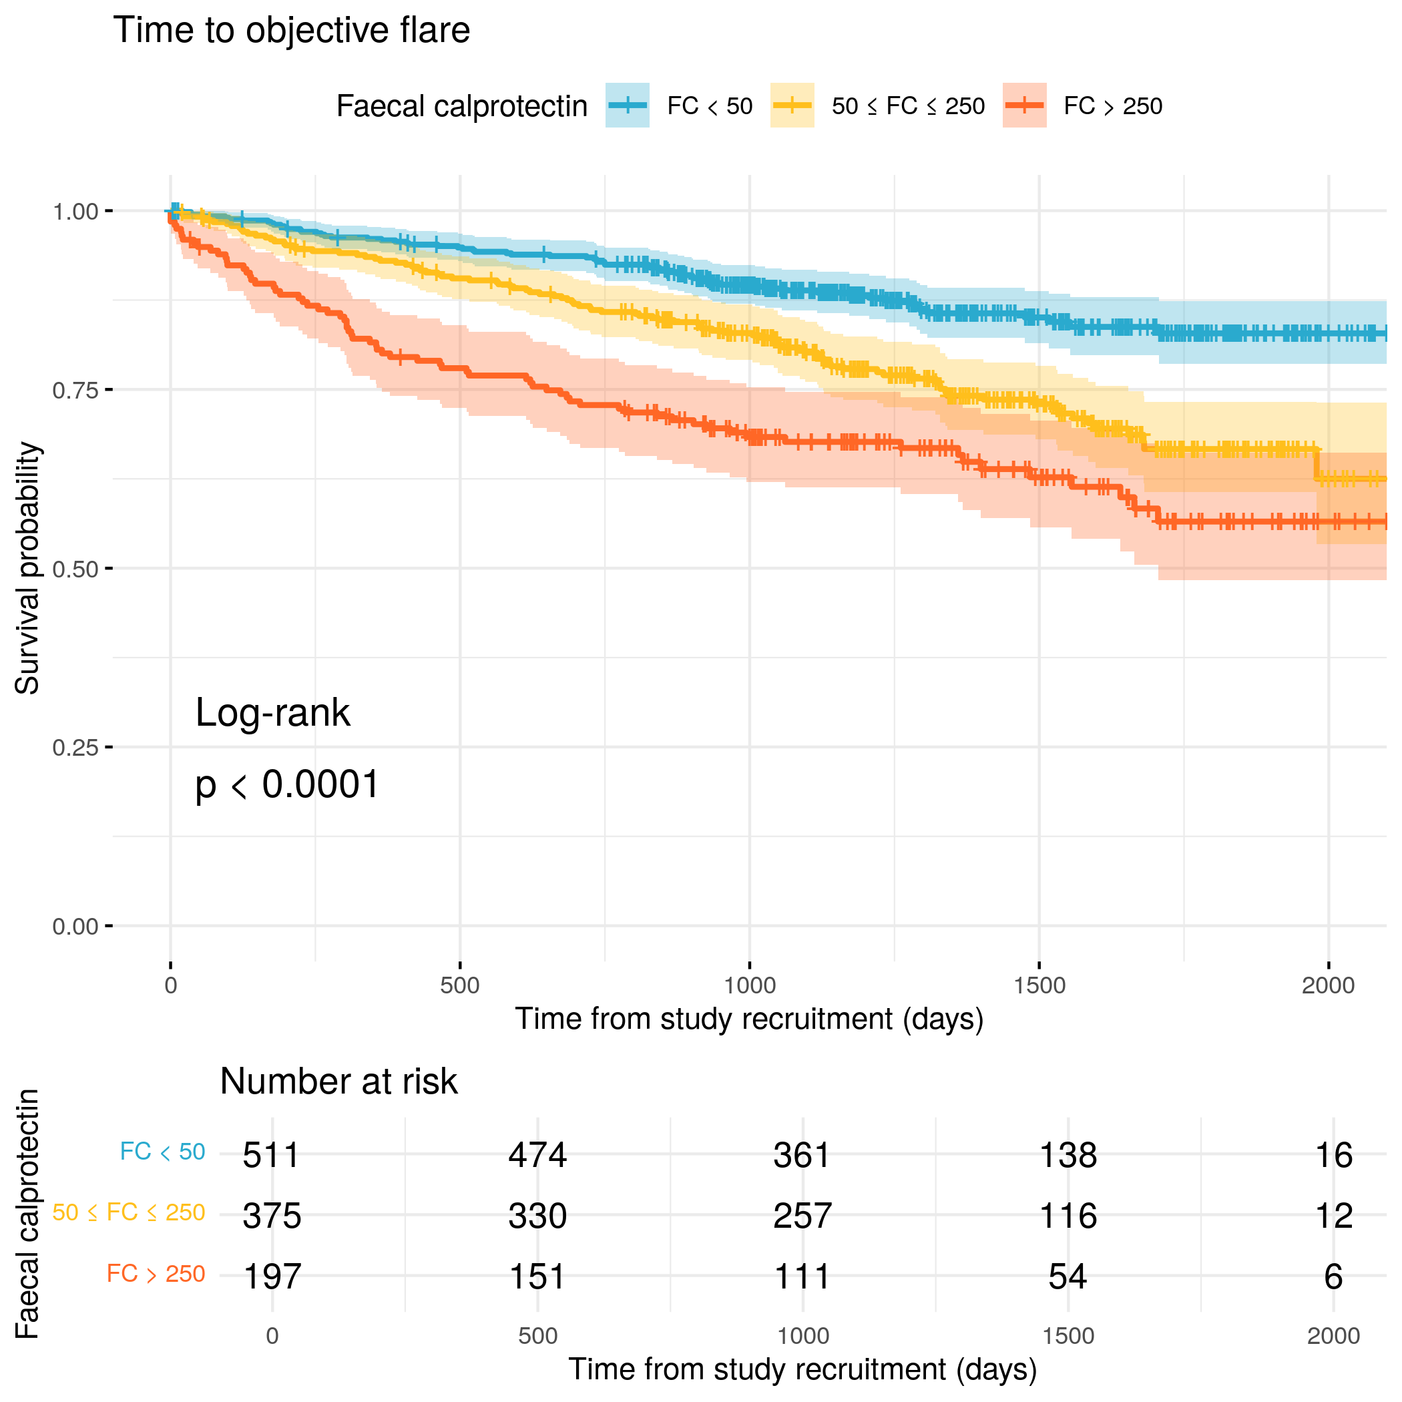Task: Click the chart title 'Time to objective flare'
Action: coord(292,31)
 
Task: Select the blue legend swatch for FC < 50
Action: coord(627,106)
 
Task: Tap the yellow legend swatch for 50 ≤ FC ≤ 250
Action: coord(792,106)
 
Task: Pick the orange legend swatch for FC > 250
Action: coord(1024,106)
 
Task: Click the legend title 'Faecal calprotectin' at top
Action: coord(461,107)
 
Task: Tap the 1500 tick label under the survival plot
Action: coord(1039,985)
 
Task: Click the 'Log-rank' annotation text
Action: coord(273,712)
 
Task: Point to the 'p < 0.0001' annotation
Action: coord(287,784)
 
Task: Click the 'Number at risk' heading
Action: coord(339,1082)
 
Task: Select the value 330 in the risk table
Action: coord(537,1216)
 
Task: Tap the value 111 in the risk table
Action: coord(802,1276)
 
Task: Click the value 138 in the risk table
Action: coord(1068,1155)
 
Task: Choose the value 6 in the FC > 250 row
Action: coord(1333,1276)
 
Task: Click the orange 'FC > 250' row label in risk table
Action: coord(156,1274)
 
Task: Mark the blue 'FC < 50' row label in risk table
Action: coord(162,1152)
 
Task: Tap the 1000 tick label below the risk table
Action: coord(802,1336)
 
